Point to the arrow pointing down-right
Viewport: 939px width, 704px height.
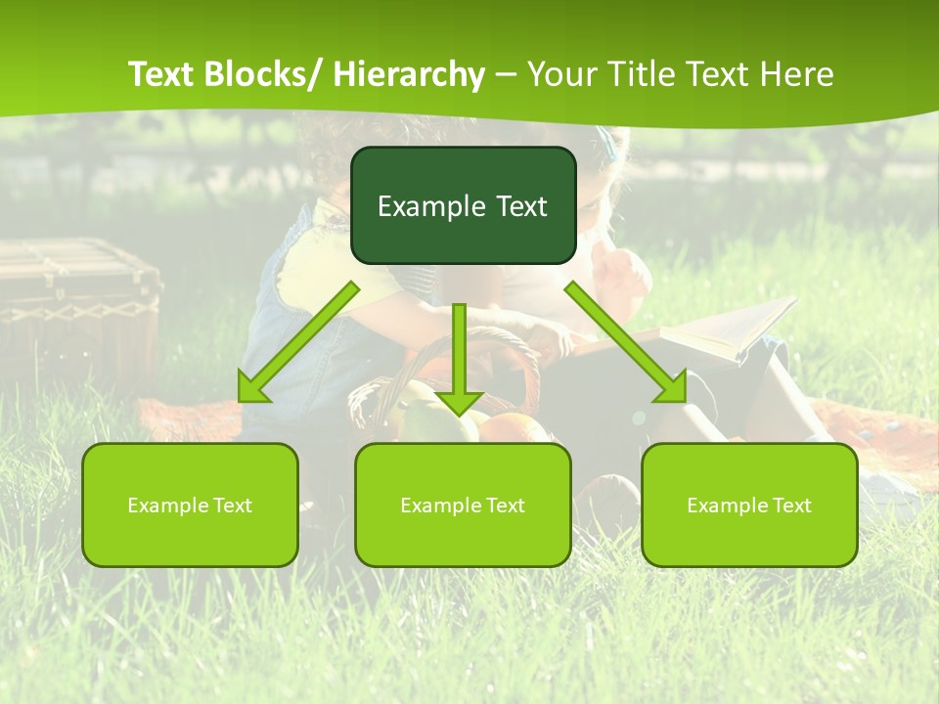pos(626,343)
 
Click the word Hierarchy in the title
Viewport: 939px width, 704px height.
pos(409,74)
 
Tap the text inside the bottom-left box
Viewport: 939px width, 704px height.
pos(190,506)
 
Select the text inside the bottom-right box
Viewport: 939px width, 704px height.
pos(749,506)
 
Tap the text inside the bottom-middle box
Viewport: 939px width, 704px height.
pos(463,506)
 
